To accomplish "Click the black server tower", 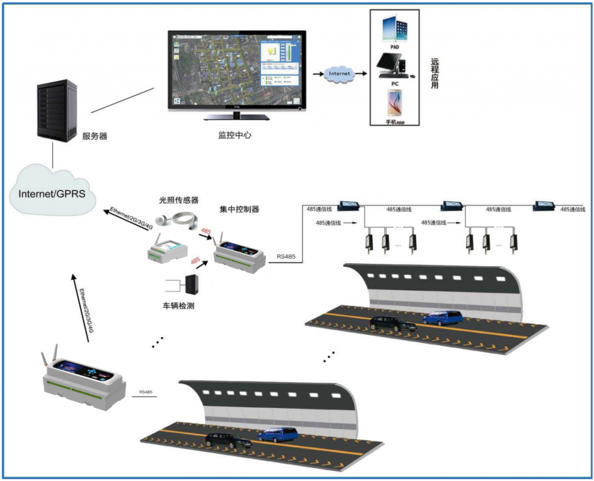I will [56, 110].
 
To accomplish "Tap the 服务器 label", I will [95, 137].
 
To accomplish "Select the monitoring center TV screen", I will [236, 70].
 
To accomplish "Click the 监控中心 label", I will [234, 135].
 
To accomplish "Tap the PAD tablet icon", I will [394, 30].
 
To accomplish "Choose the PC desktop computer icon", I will [393, 65].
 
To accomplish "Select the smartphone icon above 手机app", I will [394, 102].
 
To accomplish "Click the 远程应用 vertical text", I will [434, 73].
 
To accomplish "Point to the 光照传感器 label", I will [179, 200].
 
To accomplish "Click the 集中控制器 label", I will [239, 208].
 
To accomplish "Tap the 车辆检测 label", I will [178, 305].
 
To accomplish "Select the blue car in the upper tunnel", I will [443, 317].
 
